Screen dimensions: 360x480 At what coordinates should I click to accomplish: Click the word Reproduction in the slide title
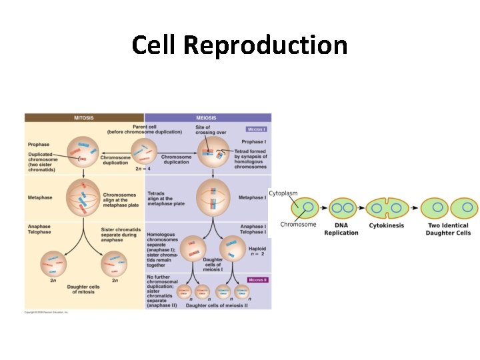(265, 45)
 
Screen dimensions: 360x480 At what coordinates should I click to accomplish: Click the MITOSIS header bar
(84, 118)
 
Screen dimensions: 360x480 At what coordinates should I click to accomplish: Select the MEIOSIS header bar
(208, 118)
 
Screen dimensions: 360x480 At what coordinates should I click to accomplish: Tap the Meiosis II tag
(257, 280)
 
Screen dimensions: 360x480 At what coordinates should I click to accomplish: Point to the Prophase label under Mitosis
(39, 145)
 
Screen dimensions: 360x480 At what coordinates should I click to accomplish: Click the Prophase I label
(252, 142)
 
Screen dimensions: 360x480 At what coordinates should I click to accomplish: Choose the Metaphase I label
(252, 197)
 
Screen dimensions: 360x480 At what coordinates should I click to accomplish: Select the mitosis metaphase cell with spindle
(83, 197)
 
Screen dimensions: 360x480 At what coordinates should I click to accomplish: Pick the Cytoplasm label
(283, 193)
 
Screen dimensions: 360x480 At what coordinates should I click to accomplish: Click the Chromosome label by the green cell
(298, 225)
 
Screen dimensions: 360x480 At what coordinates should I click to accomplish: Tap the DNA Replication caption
(341, 229)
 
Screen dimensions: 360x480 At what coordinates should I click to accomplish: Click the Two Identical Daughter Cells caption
(449, 229)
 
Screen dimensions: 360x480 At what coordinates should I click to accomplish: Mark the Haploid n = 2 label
(256, 250)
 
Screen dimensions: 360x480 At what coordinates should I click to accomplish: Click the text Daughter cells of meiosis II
(216, 305)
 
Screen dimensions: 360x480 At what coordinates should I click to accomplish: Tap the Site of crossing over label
(203, 130)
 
